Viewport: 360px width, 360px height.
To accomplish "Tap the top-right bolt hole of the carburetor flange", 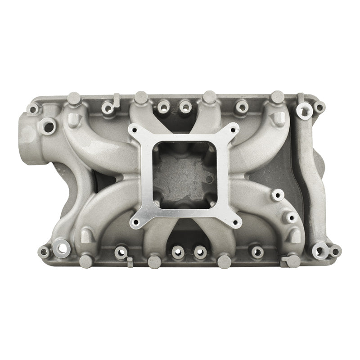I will pos(233,130).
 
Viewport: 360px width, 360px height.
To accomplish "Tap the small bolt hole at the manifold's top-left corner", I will pos(32,108).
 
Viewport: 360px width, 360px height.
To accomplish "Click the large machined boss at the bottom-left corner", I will pos(59,246).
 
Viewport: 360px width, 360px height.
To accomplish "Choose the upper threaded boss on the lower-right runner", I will pos(276,195).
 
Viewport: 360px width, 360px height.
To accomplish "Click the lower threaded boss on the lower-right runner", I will pos(290,218).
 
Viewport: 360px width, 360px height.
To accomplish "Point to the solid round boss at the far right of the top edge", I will pos(277,97).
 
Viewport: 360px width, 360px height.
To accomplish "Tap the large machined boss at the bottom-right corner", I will pos(319,249).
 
